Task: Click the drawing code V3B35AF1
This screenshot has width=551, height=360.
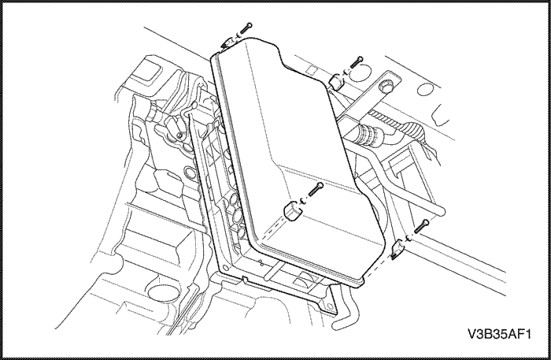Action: tap(499, 334)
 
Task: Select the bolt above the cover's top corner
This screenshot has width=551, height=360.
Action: tap(246, 28)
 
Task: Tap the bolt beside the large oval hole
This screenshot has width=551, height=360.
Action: tap(357, 62)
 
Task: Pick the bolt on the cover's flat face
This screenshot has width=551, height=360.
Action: tap(316, 190)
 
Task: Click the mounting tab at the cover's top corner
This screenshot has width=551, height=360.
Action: tap(227, 43)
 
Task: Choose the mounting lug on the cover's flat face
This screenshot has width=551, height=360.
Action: tap(292, 212)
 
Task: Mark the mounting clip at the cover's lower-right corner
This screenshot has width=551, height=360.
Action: tap(397, 249)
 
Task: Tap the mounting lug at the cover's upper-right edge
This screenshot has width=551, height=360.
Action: tap(336, 81)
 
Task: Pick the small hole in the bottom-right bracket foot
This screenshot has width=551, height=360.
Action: tap(330, 306)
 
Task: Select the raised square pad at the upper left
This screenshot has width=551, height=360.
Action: tap(147, 72)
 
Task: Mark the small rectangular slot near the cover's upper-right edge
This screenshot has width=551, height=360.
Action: tap(312, 71)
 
